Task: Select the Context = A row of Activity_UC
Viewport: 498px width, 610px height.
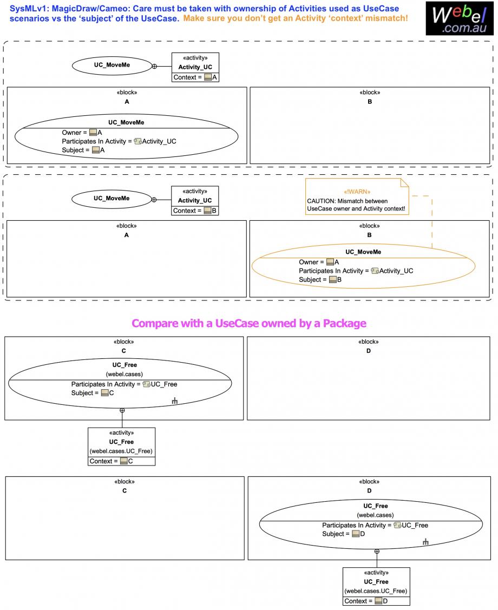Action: tap(195, 77)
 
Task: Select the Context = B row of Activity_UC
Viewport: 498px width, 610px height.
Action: tap(195, 211)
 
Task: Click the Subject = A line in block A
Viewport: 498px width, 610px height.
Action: tap(83, 150)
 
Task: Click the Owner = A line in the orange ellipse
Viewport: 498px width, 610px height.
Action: tap(319, 262)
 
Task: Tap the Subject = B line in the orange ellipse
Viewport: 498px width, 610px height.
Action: tap(320, 280)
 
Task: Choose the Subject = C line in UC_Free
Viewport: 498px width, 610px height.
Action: tap(93, 393)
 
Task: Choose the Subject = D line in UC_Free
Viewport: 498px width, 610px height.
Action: tap(343, 534)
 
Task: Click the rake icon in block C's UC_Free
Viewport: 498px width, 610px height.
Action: tap(175, 401)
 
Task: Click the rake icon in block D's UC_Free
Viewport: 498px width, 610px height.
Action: tap(425, 542)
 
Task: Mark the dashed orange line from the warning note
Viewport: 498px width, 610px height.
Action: tap(432, 222)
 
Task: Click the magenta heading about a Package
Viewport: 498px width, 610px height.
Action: tap(249, 324)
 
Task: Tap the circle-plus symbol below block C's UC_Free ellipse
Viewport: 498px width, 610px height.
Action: tap(122, 410)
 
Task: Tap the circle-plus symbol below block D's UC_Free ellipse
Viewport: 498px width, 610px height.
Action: tap(377, 551)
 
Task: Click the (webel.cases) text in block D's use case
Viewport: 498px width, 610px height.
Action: tap(375, 515)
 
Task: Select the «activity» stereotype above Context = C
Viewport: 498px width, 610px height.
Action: tap(121, 433)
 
